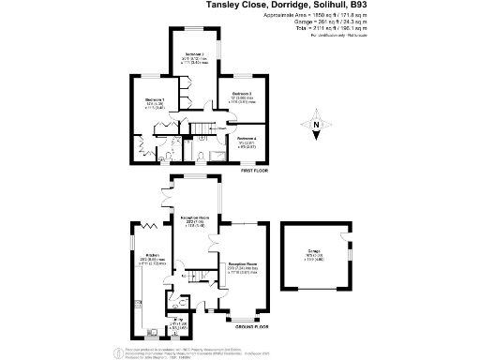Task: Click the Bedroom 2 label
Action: click(x=194, y=54)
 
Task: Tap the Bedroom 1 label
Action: click(x=155, y=98)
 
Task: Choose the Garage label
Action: click(x=312, y=251)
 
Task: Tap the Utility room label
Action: click(x=177, y=320)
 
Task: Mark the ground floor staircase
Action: click(x=195, y=275)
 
